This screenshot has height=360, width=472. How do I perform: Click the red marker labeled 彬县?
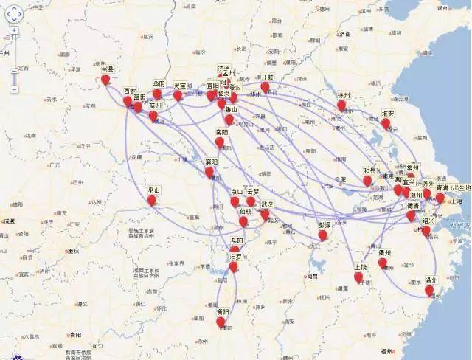pos(105,79)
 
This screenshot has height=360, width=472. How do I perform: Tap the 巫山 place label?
pos(153,189)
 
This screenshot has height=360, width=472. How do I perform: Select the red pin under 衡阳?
pos(221,321)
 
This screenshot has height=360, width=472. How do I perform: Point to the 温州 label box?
pos(431,281)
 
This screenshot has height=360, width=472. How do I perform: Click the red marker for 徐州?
pos(341,105)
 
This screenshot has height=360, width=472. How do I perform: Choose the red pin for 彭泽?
pos(322,235)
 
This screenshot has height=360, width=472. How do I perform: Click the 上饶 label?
pos(361,267)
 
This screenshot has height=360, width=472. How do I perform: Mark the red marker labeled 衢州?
pos(383,263)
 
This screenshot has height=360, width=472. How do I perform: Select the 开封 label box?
pos(267,77)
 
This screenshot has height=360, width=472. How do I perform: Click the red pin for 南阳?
pos(220,142)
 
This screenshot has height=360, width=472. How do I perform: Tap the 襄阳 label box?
pos(212,162)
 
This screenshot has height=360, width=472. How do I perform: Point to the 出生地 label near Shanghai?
pos(460,188)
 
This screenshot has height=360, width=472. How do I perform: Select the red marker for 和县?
pos(367,180)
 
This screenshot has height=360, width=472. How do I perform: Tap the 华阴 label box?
pos(159,84)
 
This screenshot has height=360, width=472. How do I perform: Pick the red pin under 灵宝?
pos(178,95)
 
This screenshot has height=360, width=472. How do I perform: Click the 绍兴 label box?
pos(428,221)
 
